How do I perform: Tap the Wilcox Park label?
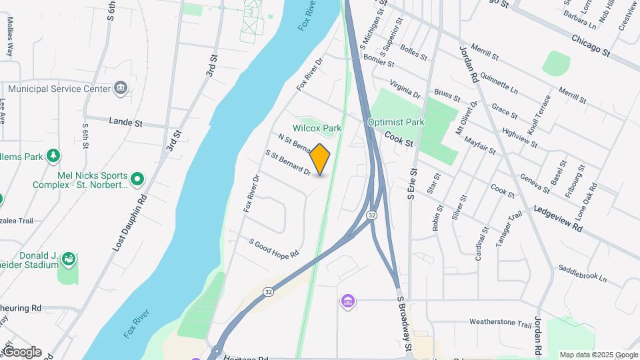317,128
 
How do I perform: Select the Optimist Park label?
396,123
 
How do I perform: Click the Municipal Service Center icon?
121,88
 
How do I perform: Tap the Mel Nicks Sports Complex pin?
137,179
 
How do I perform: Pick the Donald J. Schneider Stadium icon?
67,259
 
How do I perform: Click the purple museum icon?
347,302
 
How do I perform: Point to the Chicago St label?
591,45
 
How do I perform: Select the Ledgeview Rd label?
559,217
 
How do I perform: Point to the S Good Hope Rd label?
274,247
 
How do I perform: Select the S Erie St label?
411,187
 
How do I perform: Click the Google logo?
21,352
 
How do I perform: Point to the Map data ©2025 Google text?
598,355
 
